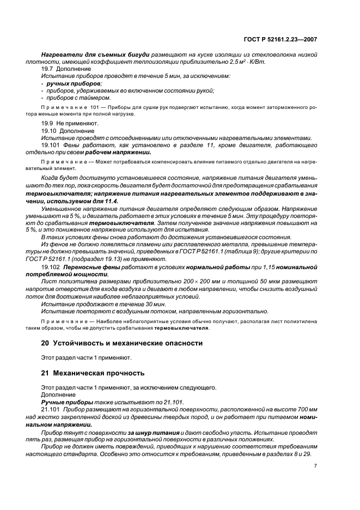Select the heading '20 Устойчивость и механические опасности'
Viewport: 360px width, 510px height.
(122, 343)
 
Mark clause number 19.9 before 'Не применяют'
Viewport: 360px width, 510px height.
(47, 125)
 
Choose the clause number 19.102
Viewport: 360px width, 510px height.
(52, 268)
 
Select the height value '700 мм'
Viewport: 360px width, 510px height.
(306, 409)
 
